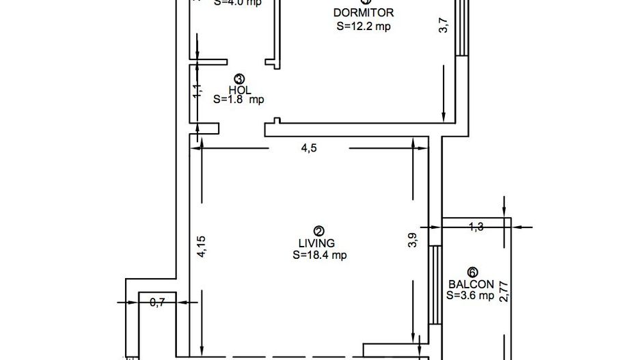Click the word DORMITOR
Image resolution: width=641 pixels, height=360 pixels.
pos(364,12)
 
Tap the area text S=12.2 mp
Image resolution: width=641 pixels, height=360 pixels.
pos(364,27)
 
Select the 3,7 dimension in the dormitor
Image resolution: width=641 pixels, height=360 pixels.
pos(444,25)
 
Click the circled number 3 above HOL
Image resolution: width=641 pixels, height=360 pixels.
pos(238,79)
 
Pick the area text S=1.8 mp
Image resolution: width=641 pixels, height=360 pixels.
pos(238,99)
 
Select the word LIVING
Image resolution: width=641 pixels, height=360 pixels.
pos(316,243)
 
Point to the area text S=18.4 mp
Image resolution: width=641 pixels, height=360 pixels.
pos(320,255)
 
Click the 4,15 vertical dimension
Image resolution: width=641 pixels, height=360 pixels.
pos(201,247)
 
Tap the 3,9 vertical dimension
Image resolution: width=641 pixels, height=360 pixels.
pos(412,240)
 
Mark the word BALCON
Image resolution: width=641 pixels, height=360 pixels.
pos(472,284)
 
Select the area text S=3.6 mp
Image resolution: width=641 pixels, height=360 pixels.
pos(470,296)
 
